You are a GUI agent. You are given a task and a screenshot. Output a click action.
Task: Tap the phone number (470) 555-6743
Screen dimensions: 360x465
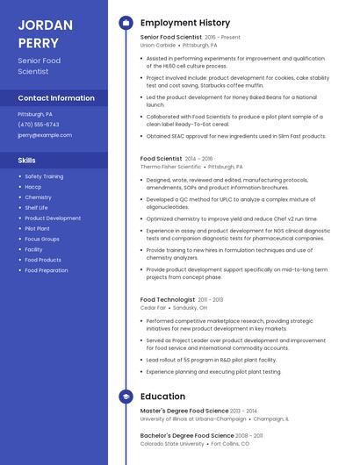click(39, 125)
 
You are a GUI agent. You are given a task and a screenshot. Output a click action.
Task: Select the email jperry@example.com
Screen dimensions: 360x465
click(45, 135)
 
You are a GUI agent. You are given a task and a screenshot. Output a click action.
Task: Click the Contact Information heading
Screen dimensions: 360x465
click(56, 98)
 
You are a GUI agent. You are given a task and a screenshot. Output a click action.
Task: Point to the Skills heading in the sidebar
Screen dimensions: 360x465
click(26, 161)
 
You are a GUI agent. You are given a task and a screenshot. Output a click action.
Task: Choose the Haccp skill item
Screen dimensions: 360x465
click(32, 187)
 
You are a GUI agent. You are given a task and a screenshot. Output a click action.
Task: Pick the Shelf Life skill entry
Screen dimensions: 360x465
click(36, 208)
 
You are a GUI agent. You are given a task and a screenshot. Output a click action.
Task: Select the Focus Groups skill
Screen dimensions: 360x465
click(41, 239)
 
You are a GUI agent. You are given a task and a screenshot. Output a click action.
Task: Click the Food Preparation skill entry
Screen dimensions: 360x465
click(46, 270)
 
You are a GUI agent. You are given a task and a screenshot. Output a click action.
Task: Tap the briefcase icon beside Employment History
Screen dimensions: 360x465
click(126, 23)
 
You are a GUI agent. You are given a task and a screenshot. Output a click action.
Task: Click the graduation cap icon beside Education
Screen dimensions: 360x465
click(126, 397)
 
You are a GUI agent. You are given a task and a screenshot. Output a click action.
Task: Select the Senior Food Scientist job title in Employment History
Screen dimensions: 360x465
click(171, 38)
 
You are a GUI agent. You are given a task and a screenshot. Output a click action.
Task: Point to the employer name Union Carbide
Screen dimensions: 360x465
click(158, 45)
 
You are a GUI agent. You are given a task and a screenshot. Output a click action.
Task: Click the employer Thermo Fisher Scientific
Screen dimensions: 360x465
click(170, 167)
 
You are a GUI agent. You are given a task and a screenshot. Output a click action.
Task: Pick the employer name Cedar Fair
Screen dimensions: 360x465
click(153, 308)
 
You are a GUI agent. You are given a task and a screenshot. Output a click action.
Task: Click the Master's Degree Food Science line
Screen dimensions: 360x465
click(184, 411)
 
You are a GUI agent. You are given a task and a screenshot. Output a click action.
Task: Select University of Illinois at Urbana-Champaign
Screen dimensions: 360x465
click(193, 418)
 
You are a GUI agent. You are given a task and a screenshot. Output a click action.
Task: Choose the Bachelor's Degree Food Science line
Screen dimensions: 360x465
click(187, 435)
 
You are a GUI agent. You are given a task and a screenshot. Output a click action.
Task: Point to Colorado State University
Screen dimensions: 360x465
click(173, 443)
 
